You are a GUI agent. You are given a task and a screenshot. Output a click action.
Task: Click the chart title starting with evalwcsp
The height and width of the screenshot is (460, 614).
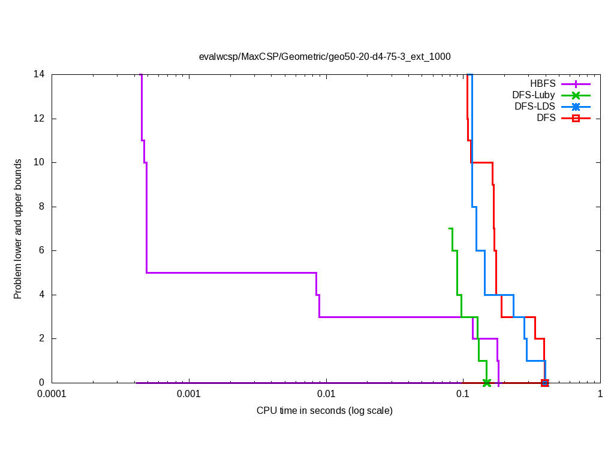click(324, 57)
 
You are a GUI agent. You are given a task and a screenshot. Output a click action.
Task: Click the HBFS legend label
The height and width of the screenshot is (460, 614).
click(543, 84)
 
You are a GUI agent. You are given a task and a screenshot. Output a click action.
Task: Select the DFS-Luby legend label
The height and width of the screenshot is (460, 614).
click(534, 95)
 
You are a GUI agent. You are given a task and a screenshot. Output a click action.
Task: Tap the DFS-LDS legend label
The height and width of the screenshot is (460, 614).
click(535, 107)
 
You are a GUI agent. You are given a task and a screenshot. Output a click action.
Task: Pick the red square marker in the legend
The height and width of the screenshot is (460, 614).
click(576, 118)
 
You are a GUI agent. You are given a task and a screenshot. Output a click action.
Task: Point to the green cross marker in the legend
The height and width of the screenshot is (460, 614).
click(576, 95)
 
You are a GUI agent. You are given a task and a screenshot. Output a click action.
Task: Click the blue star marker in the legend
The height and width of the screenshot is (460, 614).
click(576, 107)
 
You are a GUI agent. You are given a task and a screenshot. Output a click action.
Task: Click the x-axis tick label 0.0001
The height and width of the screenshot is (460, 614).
click(52, 395)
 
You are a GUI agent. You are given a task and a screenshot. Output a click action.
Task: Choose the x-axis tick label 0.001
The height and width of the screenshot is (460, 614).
click(189, 395)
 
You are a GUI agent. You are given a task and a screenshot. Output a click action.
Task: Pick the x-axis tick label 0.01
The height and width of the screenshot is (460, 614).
click(326, 395)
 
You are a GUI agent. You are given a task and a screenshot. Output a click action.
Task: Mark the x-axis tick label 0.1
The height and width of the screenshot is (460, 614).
click(463, 395)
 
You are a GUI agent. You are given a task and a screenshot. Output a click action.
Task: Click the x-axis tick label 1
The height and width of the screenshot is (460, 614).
click(600, 395)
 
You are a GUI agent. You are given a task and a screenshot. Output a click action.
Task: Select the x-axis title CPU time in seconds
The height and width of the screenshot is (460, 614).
click(324, 411)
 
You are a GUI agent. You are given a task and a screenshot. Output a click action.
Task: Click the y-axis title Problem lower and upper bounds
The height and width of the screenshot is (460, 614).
click(19, 229)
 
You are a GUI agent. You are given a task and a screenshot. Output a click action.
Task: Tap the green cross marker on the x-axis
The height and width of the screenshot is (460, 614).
click(486, 382)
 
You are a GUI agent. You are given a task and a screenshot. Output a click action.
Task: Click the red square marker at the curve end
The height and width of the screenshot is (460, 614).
click(544, 382)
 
